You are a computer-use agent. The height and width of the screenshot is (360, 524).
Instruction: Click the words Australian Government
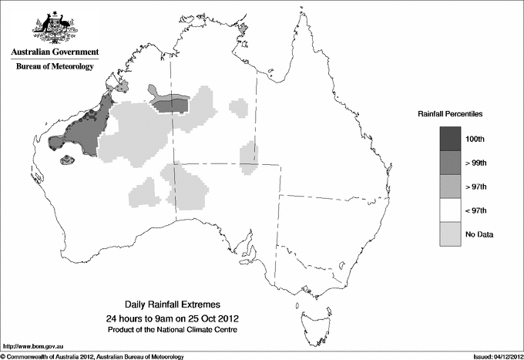[x=55, y=52]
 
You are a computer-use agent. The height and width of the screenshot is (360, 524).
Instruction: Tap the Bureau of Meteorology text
[x=55, y=67]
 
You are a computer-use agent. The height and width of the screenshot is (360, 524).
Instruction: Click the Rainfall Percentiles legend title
[x=450, y=114]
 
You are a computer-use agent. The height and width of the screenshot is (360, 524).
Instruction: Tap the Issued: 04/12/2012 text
[x=493, y=355]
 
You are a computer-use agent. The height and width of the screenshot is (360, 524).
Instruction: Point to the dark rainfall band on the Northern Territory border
[x=170, y=103]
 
